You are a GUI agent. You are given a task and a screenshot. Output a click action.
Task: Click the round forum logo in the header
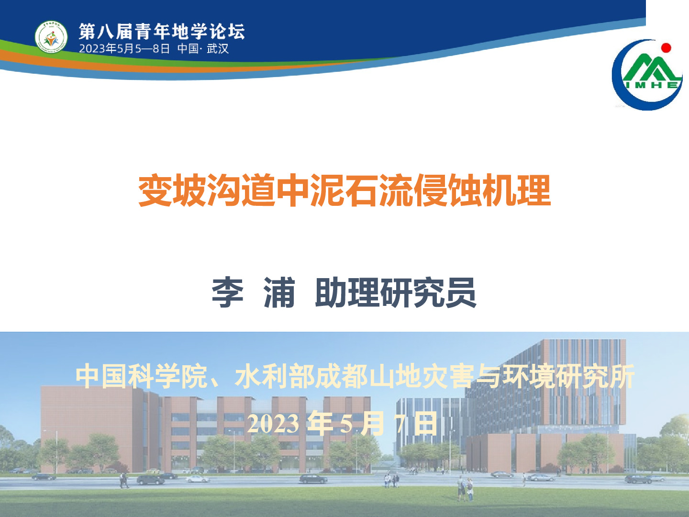(51, 37)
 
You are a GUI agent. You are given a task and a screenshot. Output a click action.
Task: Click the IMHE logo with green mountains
(647, 75)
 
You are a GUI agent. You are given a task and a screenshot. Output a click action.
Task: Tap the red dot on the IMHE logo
(666, 48)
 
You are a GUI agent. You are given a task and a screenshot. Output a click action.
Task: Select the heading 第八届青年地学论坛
(162, 32)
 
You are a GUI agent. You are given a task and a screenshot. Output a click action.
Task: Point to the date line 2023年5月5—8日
(124, 49)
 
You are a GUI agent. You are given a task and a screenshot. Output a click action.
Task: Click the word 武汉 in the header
(218, 49)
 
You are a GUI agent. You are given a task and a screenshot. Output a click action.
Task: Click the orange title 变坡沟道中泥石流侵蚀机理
(344, 190)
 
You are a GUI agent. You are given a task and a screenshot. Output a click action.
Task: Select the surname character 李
(228, 292)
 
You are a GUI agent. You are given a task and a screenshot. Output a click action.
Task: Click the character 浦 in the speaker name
(279, 292)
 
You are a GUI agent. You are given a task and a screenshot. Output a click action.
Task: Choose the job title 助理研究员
(396, 292)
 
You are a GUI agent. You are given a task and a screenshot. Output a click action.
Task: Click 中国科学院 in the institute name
(141, 376)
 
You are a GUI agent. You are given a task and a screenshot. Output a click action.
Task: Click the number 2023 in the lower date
(273, 424)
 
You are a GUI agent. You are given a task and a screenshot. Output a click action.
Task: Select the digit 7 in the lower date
(400, 424)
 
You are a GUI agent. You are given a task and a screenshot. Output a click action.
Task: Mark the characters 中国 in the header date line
(188, 49)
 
